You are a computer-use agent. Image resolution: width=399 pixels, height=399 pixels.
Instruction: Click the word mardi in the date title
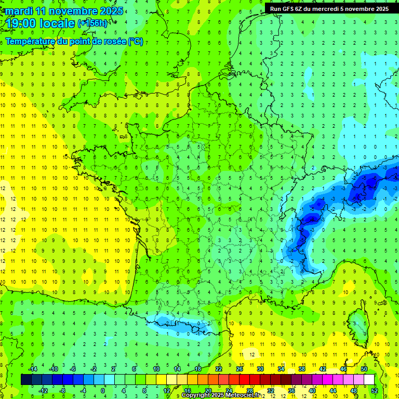18,11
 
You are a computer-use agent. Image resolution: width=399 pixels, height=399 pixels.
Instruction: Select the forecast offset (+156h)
92,23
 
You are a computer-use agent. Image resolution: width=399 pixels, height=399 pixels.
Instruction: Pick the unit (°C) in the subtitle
136,42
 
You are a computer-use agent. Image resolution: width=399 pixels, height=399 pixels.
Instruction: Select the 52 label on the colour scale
375,390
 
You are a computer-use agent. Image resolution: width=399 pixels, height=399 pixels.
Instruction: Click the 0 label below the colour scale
103,390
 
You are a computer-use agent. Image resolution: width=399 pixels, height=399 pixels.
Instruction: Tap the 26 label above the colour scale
239,369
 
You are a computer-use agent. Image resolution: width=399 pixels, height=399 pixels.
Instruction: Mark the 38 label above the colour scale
301,369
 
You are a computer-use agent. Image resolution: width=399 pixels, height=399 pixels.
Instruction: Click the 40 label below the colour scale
312,390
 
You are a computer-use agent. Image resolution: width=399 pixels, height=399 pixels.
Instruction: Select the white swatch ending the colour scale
369,379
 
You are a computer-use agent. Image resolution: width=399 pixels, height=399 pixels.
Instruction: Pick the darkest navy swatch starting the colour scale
26,379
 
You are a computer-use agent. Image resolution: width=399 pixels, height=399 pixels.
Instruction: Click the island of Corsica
357,325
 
